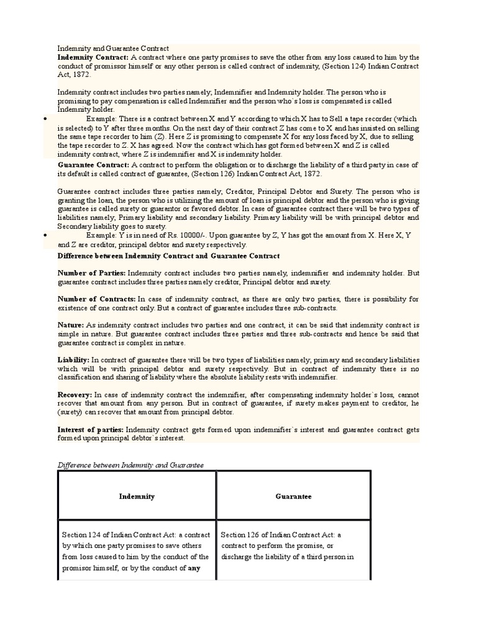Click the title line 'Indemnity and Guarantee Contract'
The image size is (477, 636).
pyautogui.click(x=113, y=48)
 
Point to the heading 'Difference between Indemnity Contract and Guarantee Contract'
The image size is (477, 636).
pyautogui.click(x=168, y=256)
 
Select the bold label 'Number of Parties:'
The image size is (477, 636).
pyautogui.click(x=91, y=273)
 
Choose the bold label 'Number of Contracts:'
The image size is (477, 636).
pyautogui.click(x=96, y=299)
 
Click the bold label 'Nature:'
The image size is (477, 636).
pyautogui.click(x=71, y=325)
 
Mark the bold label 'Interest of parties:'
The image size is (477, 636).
pyautogui.click(x=91, y=429)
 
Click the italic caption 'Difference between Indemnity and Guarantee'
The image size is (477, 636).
pyautogui.click(x=130, y=465)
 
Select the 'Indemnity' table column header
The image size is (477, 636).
pyautogui.click(x=137, y=496)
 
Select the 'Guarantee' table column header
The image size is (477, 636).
pyautogui.click(x=294, y=496)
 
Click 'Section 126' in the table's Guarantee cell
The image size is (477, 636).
pyautogui.click(x=241, y=535)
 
